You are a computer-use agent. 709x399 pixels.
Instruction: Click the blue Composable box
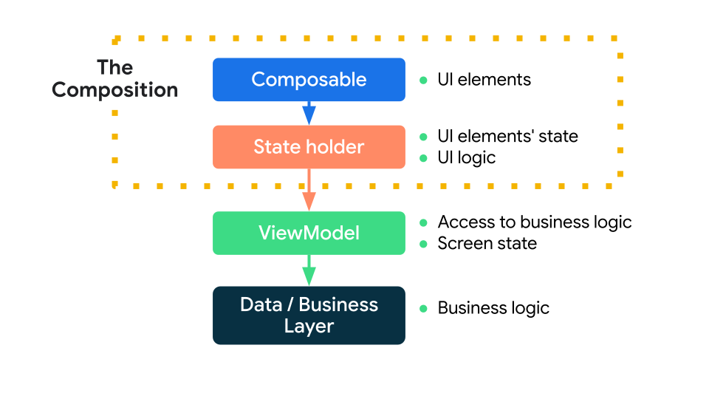tap(309, 79)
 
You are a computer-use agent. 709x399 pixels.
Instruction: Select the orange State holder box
tap(309, 147)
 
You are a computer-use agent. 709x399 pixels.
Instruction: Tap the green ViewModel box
tap(309, 233)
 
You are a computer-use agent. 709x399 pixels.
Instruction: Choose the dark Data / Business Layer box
tap(309, 316)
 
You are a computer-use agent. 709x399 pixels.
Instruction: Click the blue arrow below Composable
tap(309, 113)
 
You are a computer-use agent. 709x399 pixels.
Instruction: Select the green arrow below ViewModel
tap(309, 271)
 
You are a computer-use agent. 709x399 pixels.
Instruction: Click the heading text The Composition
tap(115, 79)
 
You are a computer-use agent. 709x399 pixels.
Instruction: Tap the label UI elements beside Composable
tap(484, 80)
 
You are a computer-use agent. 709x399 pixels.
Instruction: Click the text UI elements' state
tap(507, 137)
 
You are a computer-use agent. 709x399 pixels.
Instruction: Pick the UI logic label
tap(466, 158)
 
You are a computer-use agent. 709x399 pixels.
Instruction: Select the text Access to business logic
tap(535, 222)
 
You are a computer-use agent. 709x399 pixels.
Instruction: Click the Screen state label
tap(487, 244)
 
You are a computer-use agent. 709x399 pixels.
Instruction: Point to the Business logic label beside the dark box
tap(493, 308)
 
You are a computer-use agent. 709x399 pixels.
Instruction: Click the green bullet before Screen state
tap(423, 244)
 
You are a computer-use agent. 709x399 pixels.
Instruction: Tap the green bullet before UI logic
tap(423, 158)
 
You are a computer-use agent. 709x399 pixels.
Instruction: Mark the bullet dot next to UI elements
tap(423, 80)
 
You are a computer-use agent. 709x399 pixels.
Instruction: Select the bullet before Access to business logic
tap(423, 222)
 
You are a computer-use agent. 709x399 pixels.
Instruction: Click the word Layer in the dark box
tap(309, 326)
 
